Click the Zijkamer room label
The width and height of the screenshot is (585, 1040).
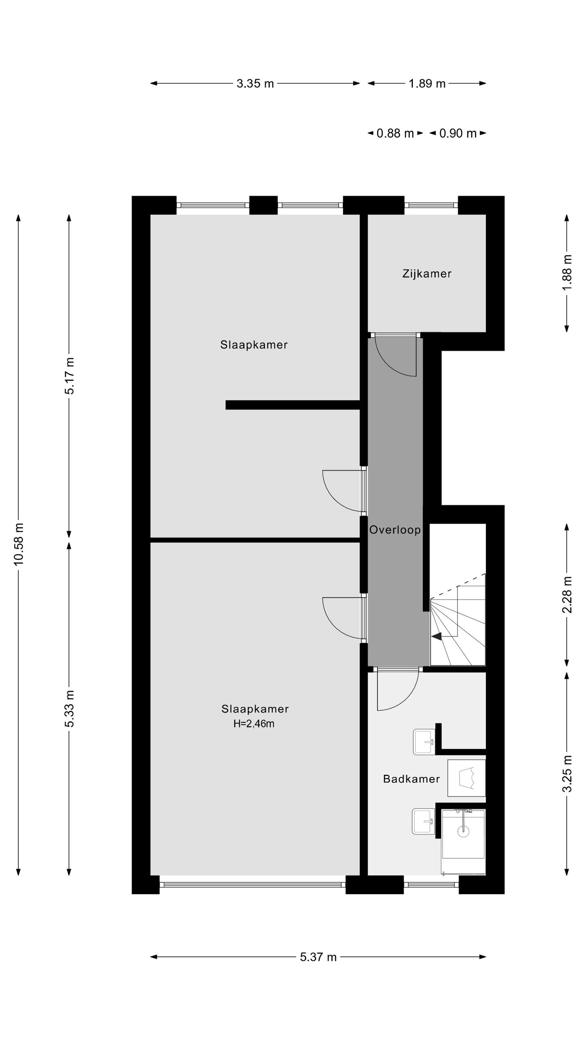pyautogui.click(x=427, y=274)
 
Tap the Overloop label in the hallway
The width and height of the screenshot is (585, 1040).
pyautogui.click(x=394, y=530)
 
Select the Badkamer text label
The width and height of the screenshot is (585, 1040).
pyautogui.click(x=411, y=779)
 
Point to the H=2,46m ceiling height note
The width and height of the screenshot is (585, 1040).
pyautogui.click(x=254, y=724)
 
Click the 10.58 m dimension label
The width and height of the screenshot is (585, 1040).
pyautogui.click(x=19, y=544)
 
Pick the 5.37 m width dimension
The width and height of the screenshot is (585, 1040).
pyautogui.click(x=318, y=957)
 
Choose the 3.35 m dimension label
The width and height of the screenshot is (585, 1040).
pyautogui.click(x=255, y=84)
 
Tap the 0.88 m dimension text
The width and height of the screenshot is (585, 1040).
pyautogui.click(x=395, y=133)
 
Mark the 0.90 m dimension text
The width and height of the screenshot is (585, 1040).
pyautogui.click(x=458, y=133)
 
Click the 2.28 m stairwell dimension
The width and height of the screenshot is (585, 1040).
pyautogui.click(x=567, y=595)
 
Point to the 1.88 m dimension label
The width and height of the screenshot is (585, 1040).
pyautogui.click(x=567, y=272)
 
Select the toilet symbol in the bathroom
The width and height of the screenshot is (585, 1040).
pyautogui.click(x=466, y=778)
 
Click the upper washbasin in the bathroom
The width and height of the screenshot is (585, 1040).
pyautogui.click(x=424, y=742)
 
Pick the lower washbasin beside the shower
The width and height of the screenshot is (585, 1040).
pyautogui.click(x=423, y=821)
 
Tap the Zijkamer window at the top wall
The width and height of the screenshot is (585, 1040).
pyautogui.click(x=431, y=205)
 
